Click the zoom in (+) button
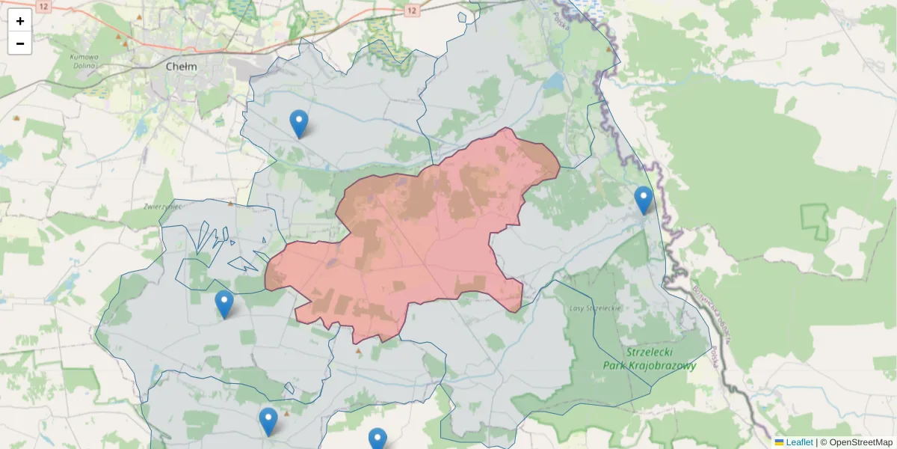(x=19, y=21)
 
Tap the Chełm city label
(x=182, y=66)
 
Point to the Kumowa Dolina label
(x=84, y=60)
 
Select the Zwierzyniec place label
(x=164, y=205)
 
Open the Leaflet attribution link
(x=799, y=442)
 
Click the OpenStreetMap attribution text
(x=860, y=442)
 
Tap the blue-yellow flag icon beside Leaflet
(x=780, y=442)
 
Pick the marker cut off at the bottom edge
(x=377, y=439)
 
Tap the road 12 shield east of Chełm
(x=412, y=10)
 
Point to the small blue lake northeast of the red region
(x=555, y=81)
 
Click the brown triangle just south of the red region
(x=358, y=350)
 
